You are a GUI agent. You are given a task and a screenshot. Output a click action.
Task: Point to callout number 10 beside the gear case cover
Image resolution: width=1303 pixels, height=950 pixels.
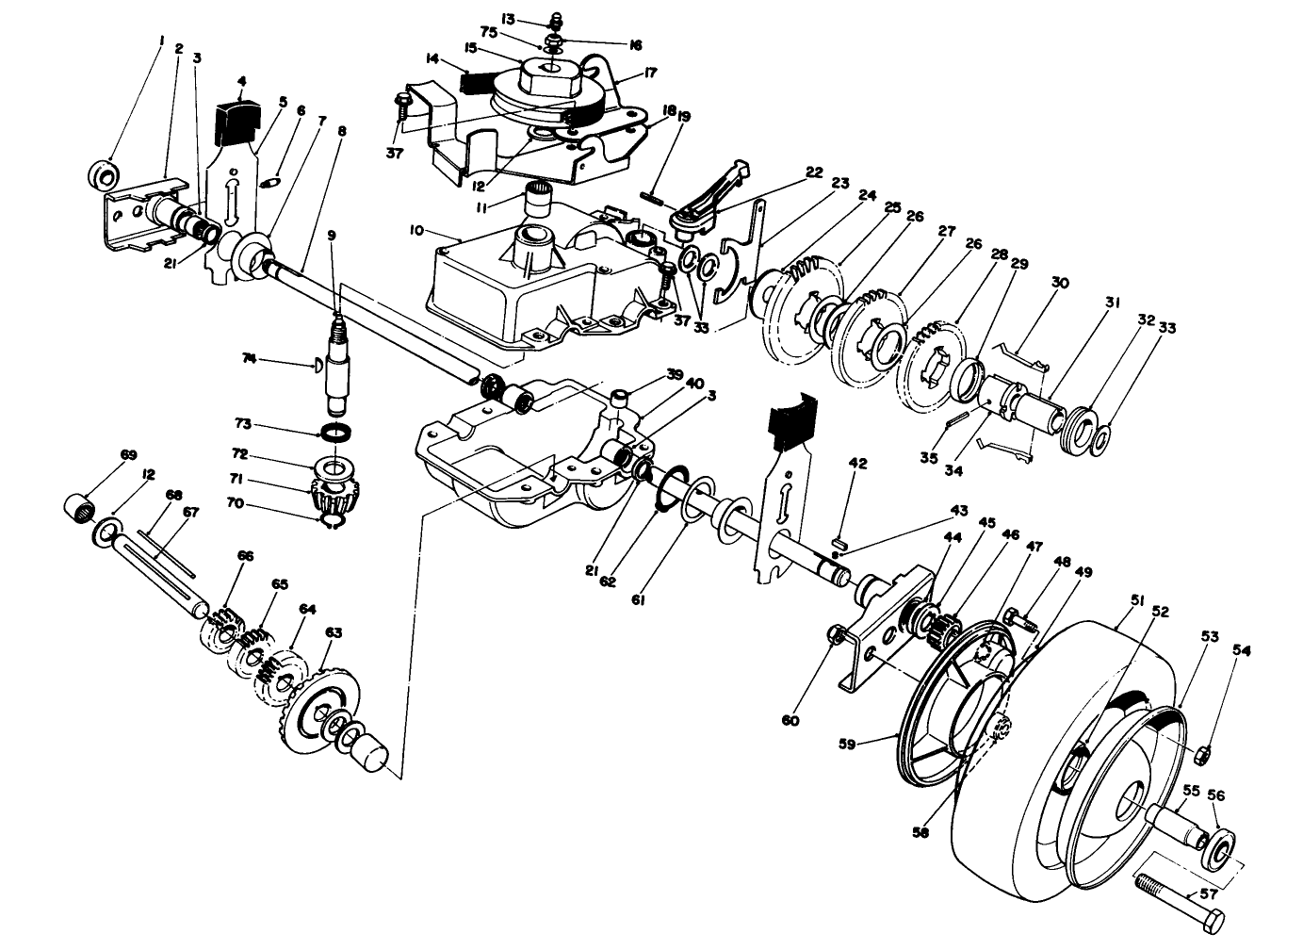point(416,229)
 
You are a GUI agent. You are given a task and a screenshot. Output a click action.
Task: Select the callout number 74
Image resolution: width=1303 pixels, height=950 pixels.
point(249,358)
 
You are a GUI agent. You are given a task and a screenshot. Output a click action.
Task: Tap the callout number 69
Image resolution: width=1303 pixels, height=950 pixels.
point(128,454)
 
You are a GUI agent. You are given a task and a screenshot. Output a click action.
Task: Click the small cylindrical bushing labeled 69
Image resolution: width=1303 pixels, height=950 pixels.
point(78,510)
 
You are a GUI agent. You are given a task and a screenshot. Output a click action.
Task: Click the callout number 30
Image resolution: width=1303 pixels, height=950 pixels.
point(1060,282)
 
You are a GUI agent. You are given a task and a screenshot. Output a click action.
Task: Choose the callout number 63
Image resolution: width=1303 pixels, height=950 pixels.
point(334,631)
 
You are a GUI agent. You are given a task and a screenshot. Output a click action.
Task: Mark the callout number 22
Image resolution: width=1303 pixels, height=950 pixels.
point(814,172)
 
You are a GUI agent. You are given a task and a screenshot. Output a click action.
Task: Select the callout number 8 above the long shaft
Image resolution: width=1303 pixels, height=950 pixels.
point(340,132)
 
